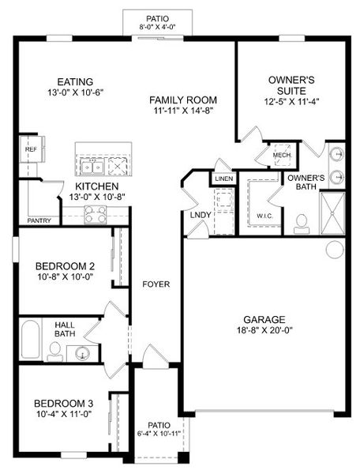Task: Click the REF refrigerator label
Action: (31, 149)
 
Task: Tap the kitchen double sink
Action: (92, 167)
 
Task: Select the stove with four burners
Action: (96, 214)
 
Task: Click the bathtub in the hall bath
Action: (30, 339)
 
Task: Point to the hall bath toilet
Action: (55, 352)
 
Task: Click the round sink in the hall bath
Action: (82, 353)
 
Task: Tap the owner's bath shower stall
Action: (332, 213)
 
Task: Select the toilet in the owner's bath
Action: (302, 224)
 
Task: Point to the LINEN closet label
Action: (223, 179)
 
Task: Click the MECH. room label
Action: (282, 155)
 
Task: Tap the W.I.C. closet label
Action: (264, 216)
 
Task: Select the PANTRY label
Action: (39, 220)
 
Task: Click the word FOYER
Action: (156, 284)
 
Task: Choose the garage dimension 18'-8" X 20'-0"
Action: (264, 329)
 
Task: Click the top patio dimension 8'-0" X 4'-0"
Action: (157, 27)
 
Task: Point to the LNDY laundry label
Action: (201, 215)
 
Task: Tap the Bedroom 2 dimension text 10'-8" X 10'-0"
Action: (65, 276)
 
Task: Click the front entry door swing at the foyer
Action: (156, 357)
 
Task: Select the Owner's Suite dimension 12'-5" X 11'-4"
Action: (292, 102)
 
